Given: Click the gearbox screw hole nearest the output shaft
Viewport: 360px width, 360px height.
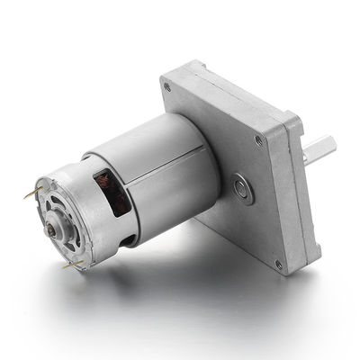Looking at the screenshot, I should pyautogui.click(x=259, y=139).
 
